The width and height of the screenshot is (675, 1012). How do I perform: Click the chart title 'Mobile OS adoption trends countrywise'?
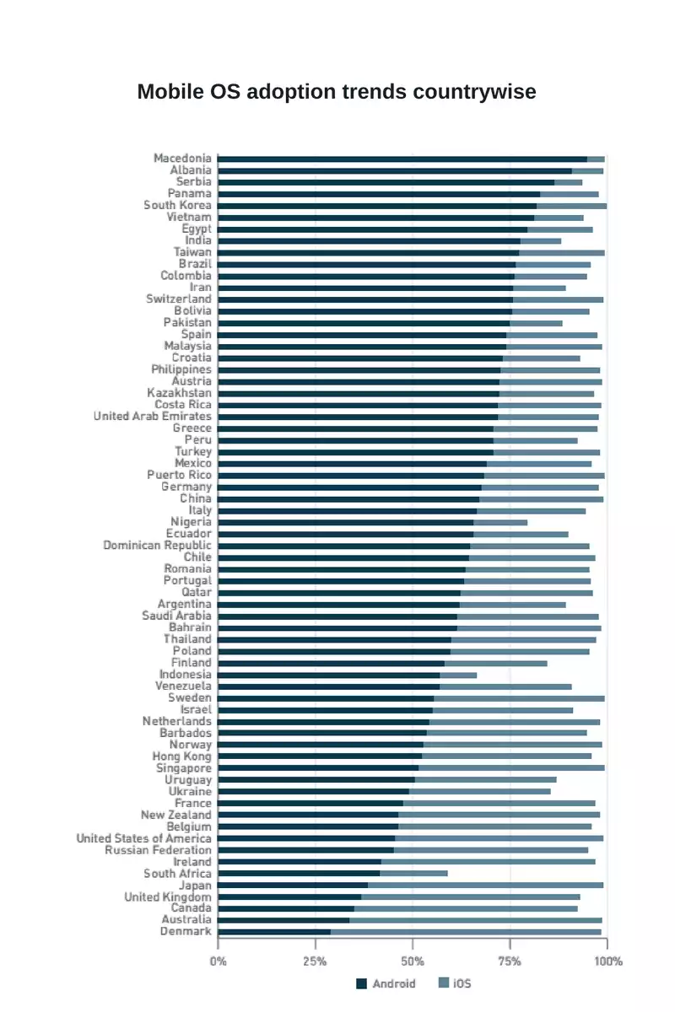coord(337,92)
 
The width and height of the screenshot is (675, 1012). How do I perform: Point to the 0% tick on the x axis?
coord(218,961)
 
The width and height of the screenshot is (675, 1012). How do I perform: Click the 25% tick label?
coord(315,961)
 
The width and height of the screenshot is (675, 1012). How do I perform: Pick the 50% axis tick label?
coord(413,961)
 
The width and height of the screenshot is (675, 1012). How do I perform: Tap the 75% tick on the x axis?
coord(510,961)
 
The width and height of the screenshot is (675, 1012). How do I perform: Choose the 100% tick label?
coord(607,961)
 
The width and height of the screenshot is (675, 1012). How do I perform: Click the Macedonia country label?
coord(182,158)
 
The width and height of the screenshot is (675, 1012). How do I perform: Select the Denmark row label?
coord(186,931)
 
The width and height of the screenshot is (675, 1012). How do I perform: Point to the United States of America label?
coord(144,838)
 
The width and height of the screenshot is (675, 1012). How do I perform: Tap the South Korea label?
coord(177,205)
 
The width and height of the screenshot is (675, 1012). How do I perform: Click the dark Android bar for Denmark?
coord(273,932)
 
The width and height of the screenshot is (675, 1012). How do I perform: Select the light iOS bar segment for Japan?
coord(485,885)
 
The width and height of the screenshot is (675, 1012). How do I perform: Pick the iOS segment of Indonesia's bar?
coord(458,675)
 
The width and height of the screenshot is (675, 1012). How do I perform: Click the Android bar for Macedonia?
coord(402,159)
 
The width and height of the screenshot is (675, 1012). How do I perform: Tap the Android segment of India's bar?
coord(369,240)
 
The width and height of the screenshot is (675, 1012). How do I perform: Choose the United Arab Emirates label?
coord(153,416)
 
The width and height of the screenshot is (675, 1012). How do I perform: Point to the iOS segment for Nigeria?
coord(500,522)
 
